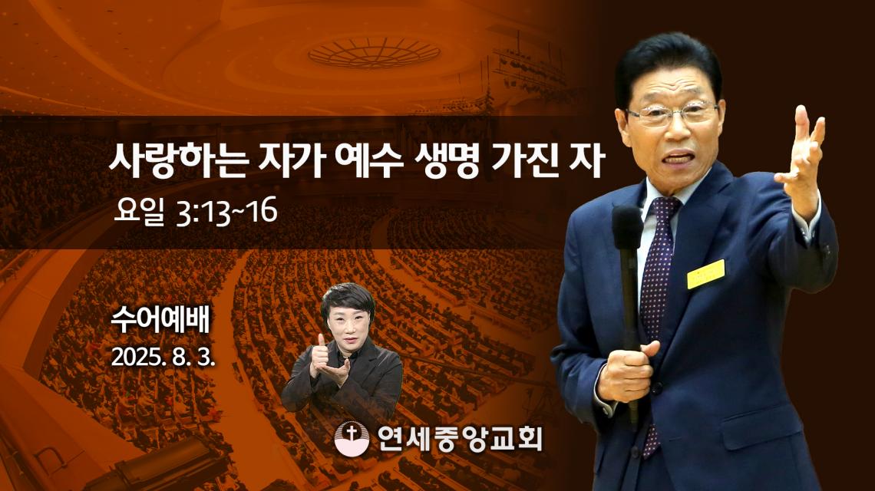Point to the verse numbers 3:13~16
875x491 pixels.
(226, 213)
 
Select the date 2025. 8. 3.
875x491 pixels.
(163, 357)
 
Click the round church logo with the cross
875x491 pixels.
(352, 439)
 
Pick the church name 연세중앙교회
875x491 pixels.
(459, 439)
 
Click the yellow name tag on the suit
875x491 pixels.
(706, 273)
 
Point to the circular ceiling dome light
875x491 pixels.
(375, 53)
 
